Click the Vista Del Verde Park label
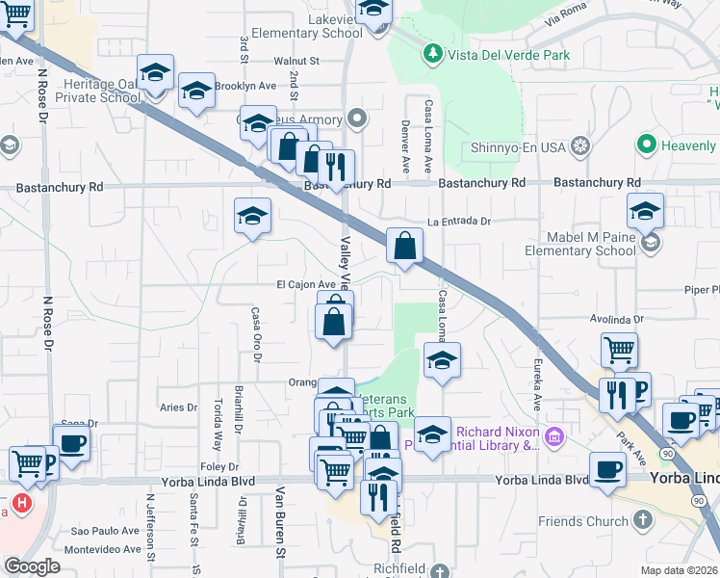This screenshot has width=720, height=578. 507,55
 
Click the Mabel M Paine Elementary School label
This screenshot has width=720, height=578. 580,244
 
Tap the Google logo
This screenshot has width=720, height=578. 32,566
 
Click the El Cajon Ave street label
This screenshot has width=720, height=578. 306,285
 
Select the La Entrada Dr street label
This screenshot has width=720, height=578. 459,221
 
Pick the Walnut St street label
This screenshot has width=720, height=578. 296,61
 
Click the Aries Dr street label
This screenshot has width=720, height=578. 178,407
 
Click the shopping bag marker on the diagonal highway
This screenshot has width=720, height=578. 405,246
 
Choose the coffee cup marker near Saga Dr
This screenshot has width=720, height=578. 72,444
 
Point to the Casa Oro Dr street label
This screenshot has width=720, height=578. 256,333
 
